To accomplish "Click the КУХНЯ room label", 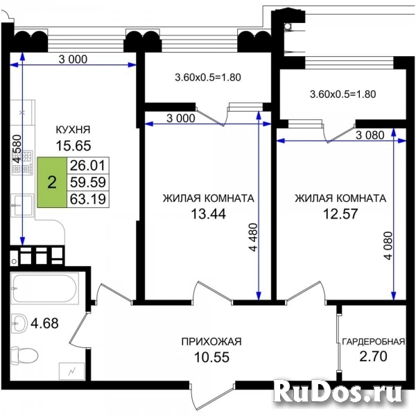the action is point(73,130).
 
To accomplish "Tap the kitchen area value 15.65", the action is point(73,146).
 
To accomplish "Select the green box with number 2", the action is point(52,182).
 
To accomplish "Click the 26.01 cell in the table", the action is point(88,166).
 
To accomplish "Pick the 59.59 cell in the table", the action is point(88,182).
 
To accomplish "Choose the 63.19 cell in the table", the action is point(88,199).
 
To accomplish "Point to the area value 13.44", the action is point(209,214).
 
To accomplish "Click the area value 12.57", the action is point(340,214).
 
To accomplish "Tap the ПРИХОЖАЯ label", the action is point(211,342).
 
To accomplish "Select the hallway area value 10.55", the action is point(211,357).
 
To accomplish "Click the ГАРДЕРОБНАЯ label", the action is point(374,341).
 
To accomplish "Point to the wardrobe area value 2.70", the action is point(373,356).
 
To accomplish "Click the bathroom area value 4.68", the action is point(44,323).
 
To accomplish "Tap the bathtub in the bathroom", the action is point(44,288).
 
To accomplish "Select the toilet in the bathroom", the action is point(24,354).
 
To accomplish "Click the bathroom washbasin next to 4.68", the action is point(19,323).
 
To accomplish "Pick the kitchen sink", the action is point(22,205).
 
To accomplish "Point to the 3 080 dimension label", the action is point(370,135).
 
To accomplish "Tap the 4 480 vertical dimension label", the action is point(254,237).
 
